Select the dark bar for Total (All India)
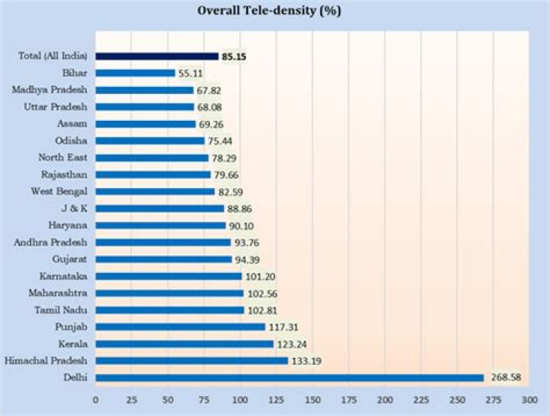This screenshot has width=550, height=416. pos(157,56)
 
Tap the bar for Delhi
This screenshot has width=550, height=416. pos(290,378)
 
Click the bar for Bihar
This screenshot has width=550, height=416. pos(135,73)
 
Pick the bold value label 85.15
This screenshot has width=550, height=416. pos(235,56)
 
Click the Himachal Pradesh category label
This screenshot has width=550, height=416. pos(46,360)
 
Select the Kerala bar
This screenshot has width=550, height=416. pos(184,344)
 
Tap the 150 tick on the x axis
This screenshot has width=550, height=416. pos(312,400)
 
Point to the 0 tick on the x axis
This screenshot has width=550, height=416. pos(95,400)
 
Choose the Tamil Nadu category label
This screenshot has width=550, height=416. pos(61,310)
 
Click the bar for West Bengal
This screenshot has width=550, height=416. pos(155,191)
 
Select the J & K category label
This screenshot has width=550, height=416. pos(75,208)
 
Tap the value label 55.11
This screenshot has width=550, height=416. pos(192,73)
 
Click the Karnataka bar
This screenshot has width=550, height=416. pos(168,276)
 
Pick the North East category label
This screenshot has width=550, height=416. pos(65,158)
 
